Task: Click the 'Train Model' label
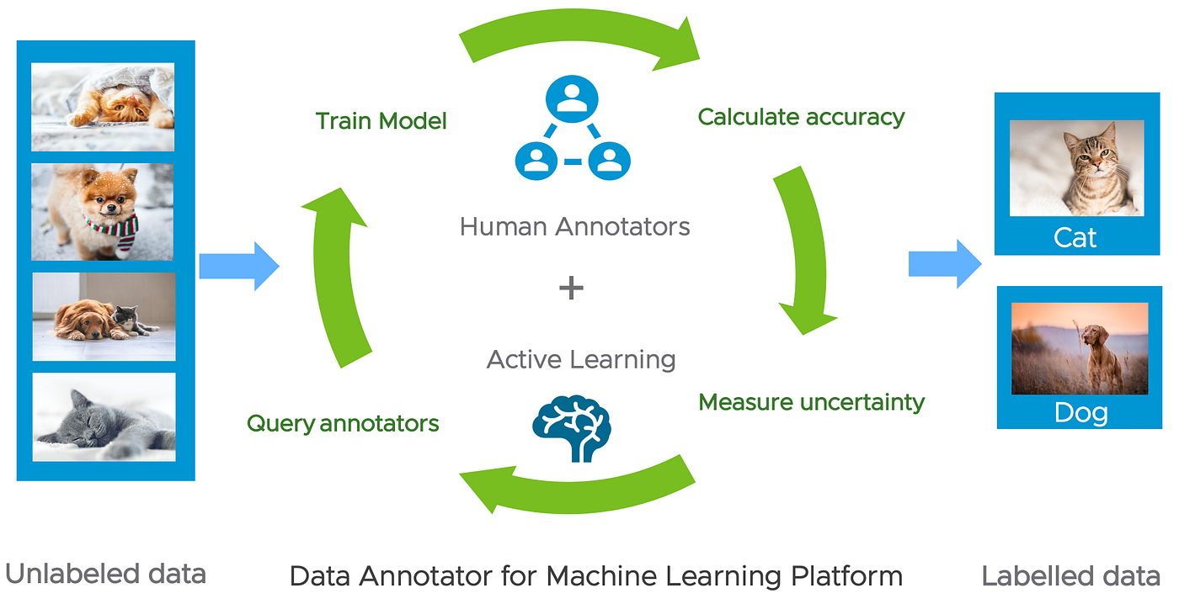point(381,121)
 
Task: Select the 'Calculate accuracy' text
point(801,117)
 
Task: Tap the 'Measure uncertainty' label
point(811,402)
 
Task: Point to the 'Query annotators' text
point(343,423)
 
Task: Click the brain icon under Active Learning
point(571,428)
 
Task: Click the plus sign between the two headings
point(571,289)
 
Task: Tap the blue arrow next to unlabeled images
point(238,267)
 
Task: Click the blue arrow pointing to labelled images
point(944,263)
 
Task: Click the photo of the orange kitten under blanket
point(103,107)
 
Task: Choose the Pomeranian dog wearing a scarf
point(103,211)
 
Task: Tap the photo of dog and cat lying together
point(104,316)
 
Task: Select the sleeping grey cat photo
point(104,417)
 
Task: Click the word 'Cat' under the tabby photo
point(1075,238)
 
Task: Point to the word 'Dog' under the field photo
point(1080,413)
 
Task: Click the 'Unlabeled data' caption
point(105,575)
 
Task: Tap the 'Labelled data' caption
point(1070,576)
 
